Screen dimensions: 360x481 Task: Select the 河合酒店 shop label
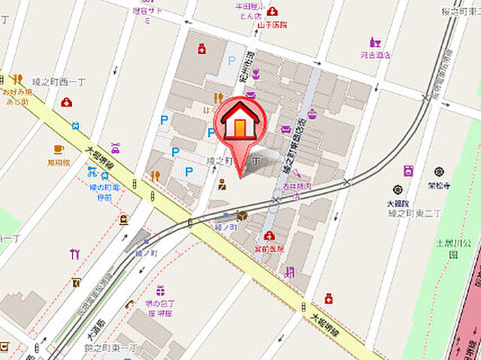pos(375,55)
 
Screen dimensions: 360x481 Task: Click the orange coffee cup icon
pos(59,149)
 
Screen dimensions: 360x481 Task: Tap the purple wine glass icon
pos(375,43)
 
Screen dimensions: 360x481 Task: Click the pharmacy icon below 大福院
pos(328,298)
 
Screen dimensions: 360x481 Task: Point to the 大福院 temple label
pos(398,203)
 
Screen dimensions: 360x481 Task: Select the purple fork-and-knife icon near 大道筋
pos(74,253)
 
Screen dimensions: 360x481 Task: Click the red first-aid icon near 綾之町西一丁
pos(67,102)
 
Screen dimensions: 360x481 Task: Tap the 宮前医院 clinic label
pos(269,248)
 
